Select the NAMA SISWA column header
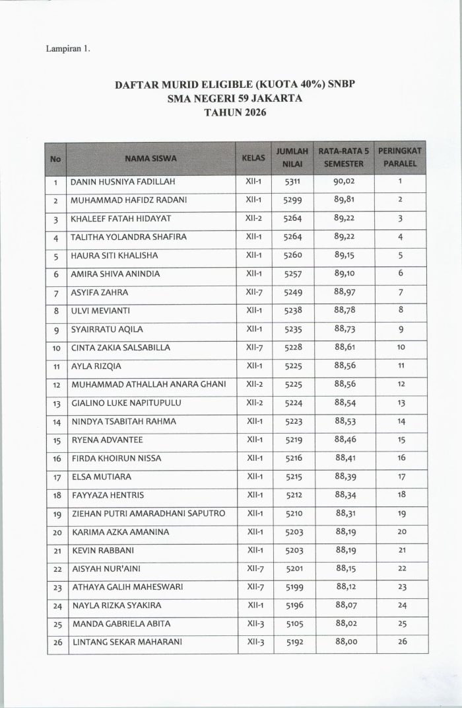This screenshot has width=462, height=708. click(150, 158)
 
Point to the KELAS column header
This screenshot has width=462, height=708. click(253, 158)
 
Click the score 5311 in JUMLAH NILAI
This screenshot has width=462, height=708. click(292, 181)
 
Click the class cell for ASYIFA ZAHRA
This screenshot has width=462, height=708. click(254, 292)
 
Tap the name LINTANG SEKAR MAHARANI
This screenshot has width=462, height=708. click(126, 642)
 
